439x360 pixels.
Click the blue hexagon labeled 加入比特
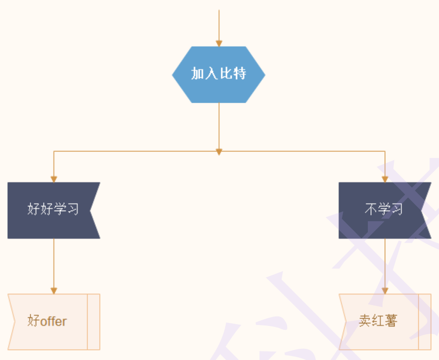coord(219,74)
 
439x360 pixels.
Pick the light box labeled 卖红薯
coord(379,322)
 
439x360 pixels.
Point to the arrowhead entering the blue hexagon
coord(219,43)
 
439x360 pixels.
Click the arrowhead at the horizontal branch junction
coord(219,152)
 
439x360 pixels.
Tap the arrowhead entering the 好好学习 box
coord(54,179)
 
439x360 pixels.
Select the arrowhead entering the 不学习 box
coord(385,179)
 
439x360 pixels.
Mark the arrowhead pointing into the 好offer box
coord(54,291)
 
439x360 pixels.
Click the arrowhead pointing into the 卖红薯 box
coord(385,291)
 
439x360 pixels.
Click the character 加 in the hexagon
coord(198,74)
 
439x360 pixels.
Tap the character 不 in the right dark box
coord(371,210)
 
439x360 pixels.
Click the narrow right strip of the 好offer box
coord(94,322)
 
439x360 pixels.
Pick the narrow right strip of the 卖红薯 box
coord(425,322)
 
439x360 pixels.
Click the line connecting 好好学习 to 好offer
coord(54,263)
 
